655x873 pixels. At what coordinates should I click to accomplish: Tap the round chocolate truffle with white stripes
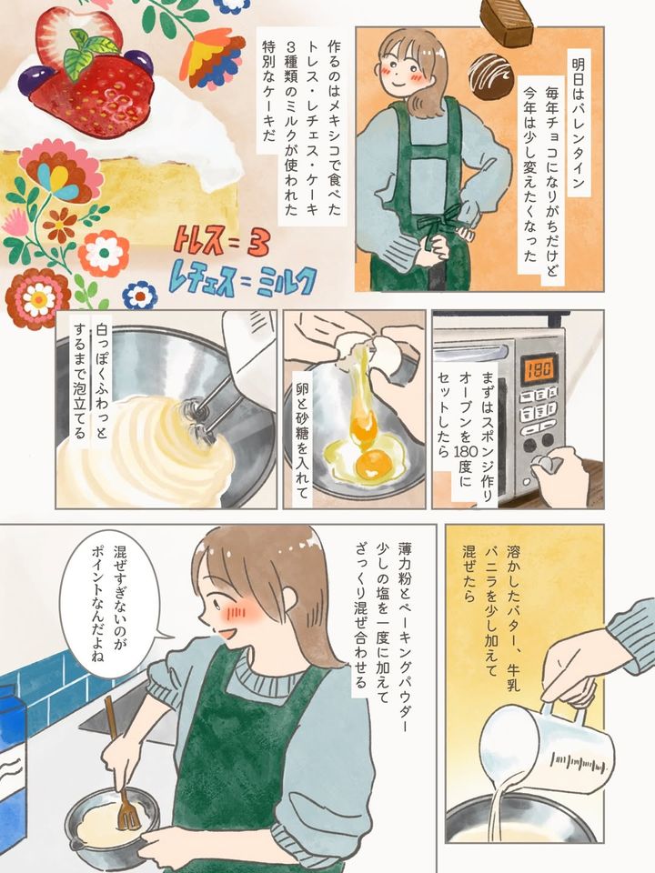[489, 74]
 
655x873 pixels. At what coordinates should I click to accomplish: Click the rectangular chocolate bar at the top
[507, 20]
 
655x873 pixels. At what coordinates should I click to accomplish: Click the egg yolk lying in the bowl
[373, 461]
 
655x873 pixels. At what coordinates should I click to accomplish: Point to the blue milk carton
[12, 775]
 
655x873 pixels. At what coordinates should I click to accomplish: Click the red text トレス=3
[222, 243]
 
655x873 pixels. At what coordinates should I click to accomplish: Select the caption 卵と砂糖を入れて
[302, 441]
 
